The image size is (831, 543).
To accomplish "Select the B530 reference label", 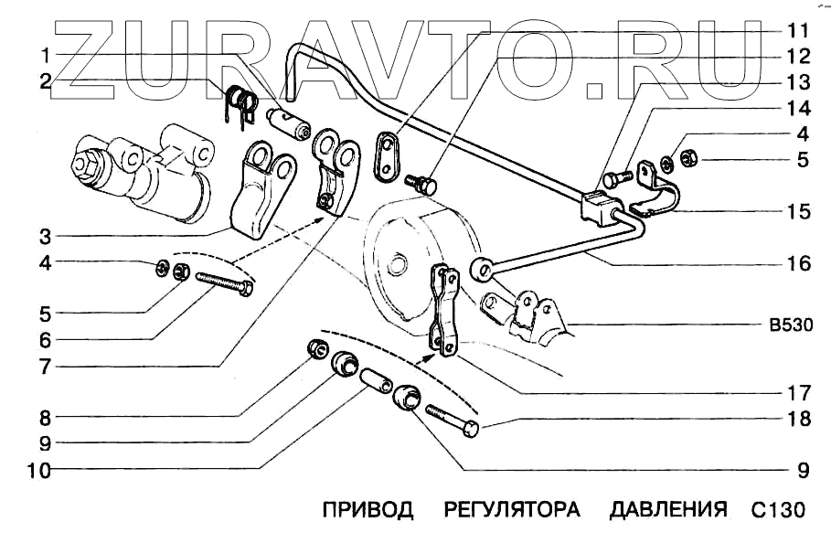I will coord(786,324).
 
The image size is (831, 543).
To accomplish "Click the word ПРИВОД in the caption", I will coord(368,508).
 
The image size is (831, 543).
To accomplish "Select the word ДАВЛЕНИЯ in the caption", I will coord(667,508).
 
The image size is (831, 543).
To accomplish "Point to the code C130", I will coord(779,508).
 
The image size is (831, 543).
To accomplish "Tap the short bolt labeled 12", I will coord(421,185).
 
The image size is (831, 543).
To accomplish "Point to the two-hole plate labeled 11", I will coord(389,157).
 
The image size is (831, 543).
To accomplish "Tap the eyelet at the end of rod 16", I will coord(483,270).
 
